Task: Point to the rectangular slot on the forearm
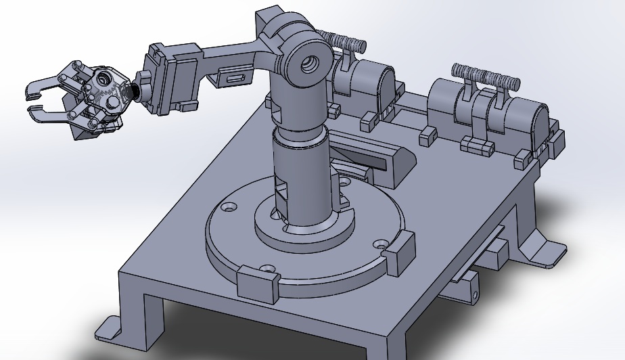click(235, 79)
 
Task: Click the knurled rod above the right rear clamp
click(486, 76)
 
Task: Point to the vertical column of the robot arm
click(302, 169)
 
